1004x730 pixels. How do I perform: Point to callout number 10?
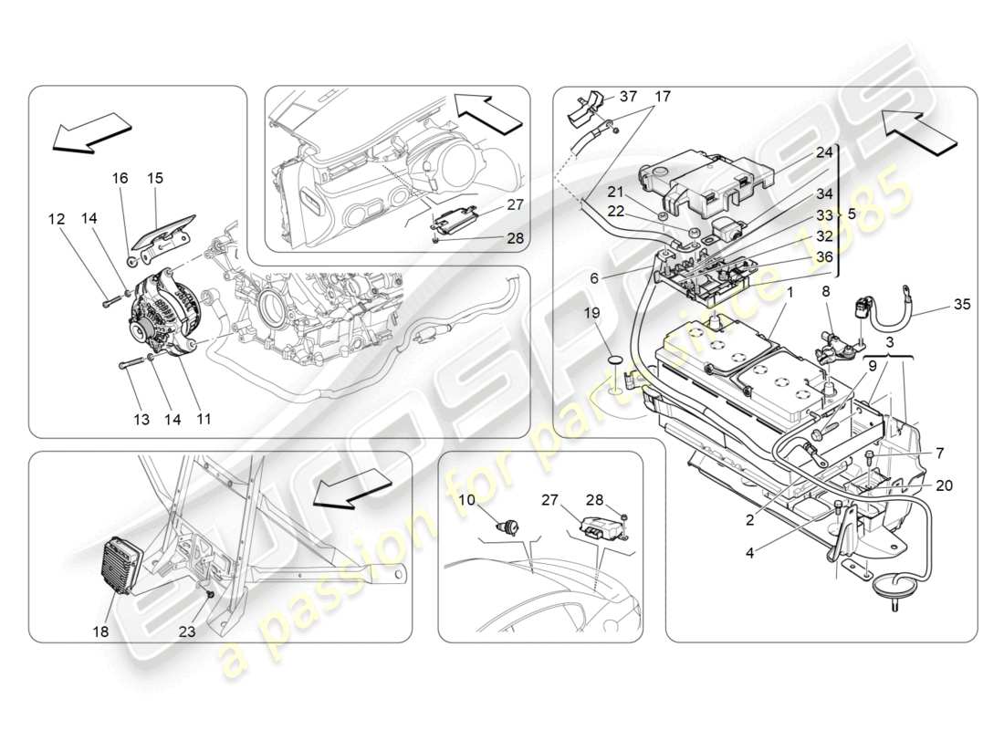(x=467, y=499)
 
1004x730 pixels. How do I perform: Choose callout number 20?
(x=944, y=485)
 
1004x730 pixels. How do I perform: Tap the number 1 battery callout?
(x=789, y=294)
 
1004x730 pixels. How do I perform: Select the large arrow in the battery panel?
(x=921, y=128)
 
